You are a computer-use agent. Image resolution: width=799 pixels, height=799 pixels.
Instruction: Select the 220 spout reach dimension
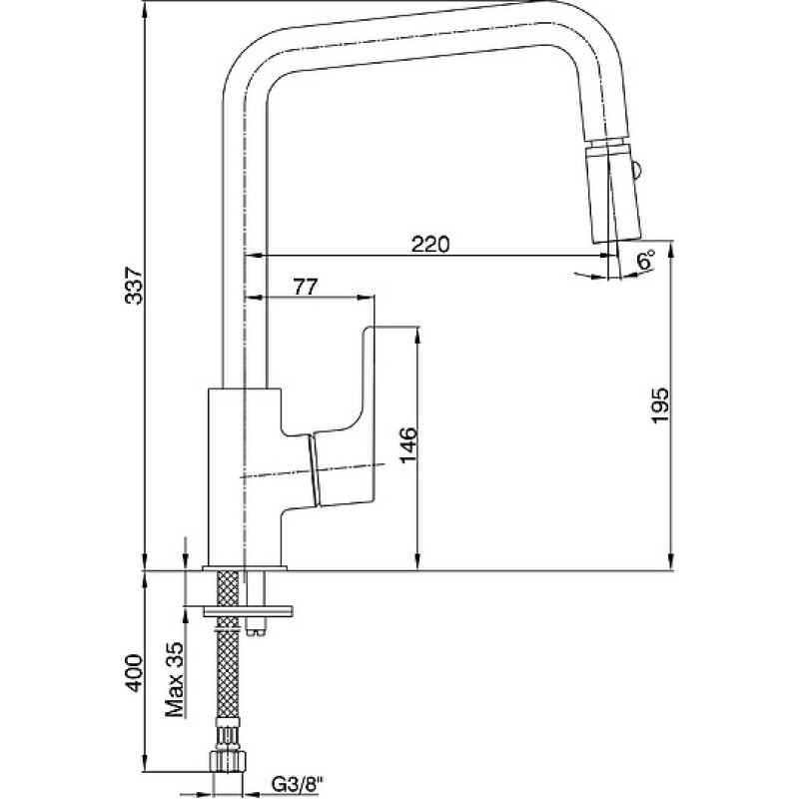click(430, 245)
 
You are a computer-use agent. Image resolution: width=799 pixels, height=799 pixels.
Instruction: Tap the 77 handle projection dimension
click(306, 287)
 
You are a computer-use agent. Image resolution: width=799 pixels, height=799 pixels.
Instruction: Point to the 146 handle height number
click(408, 445)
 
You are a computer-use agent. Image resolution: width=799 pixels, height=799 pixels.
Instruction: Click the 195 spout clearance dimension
click(660, 405)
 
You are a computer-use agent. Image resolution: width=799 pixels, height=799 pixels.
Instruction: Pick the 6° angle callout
click(645, 260)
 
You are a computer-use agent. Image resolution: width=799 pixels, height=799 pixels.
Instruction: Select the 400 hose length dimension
click(135, 673)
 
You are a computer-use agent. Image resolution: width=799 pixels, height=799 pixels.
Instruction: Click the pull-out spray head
click(613, 191)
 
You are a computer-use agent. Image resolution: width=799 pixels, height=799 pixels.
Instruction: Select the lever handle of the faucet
click(341, 416)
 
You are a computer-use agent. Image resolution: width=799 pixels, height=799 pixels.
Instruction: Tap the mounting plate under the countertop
click(249, 611)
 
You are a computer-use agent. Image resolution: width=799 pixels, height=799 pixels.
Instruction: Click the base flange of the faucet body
click(245, 567)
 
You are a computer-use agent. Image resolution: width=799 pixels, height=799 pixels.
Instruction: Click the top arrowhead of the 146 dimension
click(417, 335)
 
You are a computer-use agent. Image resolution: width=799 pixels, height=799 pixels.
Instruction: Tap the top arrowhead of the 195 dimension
click(672, 251)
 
